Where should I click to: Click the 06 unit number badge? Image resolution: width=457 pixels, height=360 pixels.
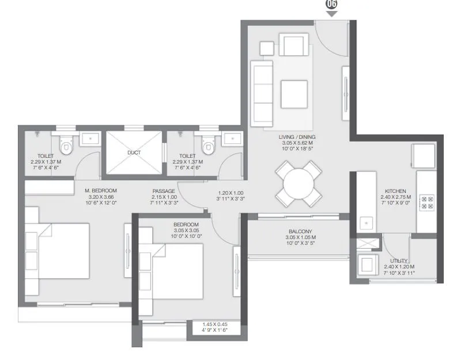(x=331, y=4)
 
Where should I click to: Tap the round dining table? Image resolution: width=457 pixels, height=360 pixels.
(x=299, y=183)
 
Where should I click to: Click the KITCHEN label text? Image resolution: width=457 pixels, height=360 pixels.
(x=396, y=191)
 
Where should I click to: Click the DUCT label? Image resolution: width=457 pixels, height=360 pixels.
(x=134, y=153)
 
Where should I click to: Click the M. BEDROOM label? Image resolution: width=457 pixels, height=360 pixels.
(x=101, y=191)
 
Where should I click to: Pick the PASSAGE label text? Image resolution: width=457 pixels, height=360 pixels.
(x=164, y=191)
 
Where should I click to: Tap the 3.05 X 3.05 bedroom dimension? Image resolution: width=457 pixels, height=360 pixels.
(x=186, y=230)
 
